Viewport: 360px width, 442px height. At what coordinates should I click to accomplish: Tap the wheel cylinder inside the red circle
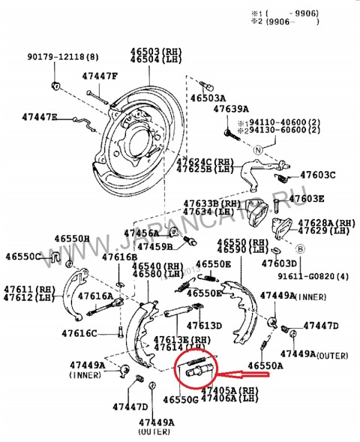click(x=196, y=369)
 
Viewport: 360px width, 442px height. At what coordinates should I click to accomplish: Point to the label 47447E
click(x=40, y=118)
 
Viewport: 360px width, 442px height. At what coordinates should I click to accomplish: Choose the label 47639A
click(x=230, y=110)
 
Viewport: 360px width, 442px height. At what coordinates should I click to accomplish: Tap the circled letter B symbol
click(x=299, y=250)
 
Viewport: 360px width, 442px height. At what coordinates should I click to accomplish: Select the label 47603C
click(x=317, y=175)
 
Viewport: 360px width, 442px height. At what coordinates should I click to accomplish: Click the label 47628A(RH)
click(x=326, y=223)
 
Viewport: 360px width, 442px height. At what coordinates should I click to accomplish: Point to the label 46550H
click(x=71, y=239)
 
